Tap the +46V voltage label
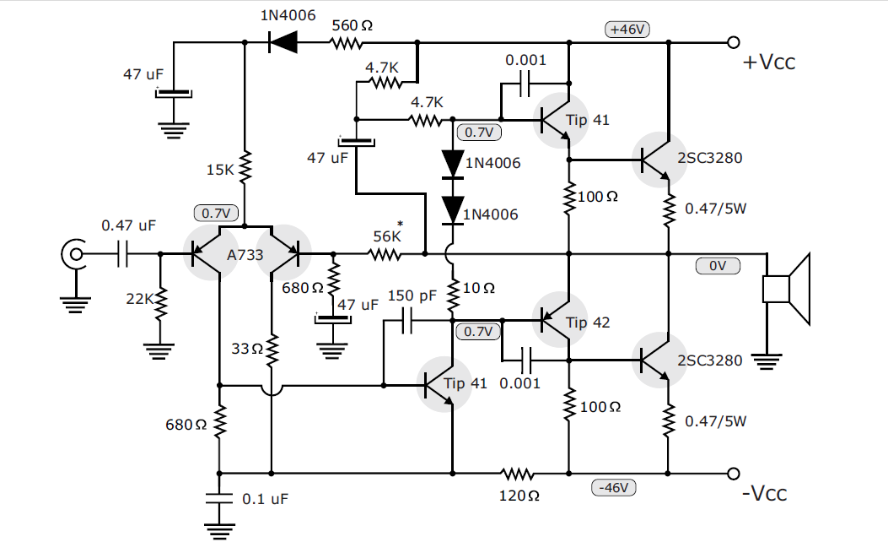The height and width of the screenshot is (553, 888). coord(627,29)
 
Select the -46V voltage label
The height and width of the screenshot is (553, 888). coord(615,487)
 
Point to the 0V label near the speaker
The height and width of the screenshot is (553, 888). coord(718,266)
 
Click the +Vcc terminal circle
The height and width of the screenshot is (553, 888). coord(733,42)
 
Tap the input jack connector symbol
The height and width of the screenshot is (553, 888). coord(73,253)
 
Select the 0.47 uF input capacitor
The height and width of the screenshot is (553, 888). coord(123,253)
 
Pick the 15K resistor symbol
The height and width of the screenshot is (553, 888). coord(245,168)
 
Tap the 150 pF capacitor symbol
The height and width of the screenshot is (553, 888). coord(406,321)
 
